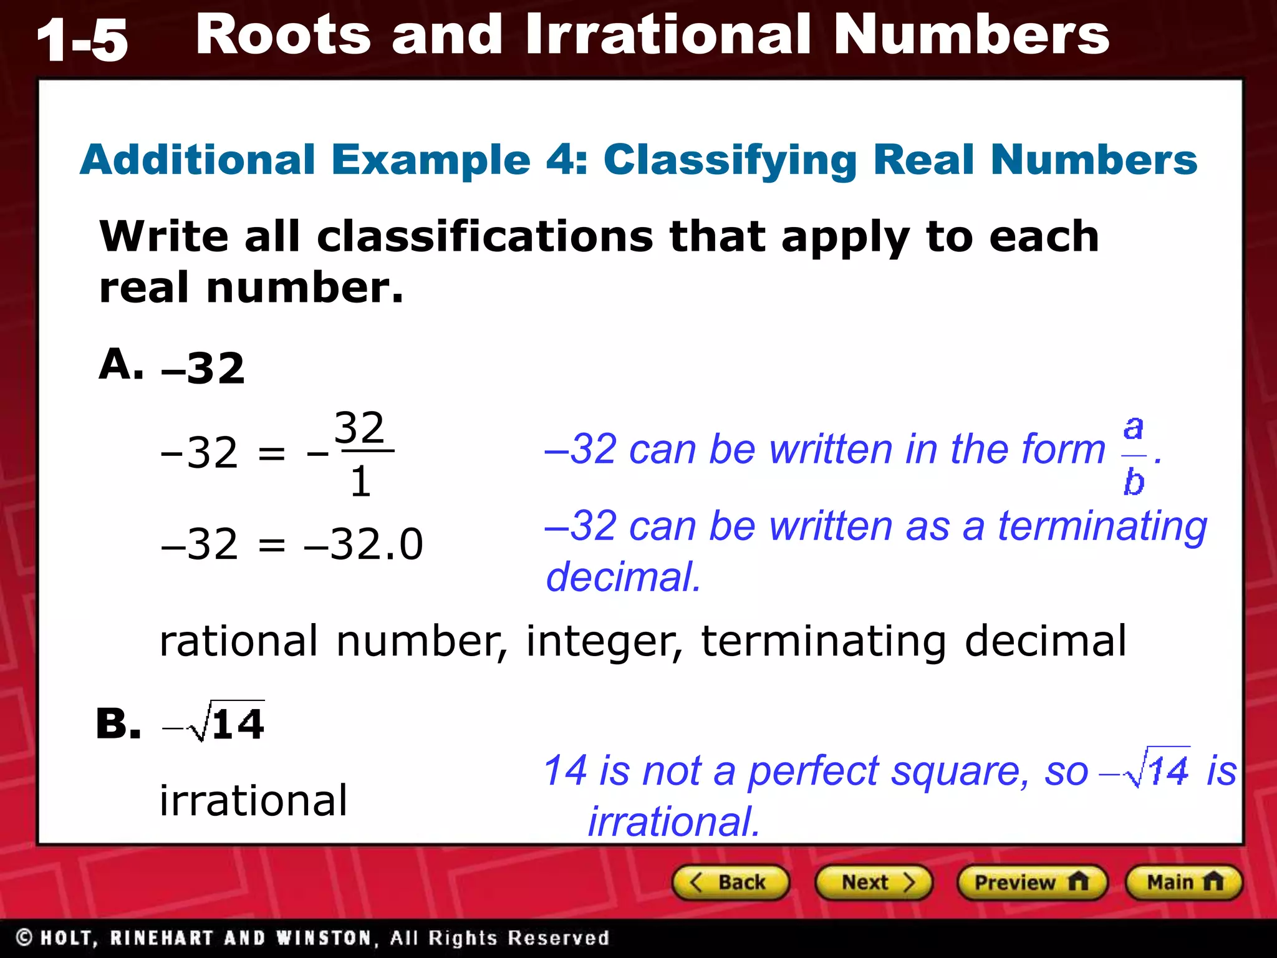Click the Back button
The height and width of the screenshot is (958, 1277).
[x=730, y=883]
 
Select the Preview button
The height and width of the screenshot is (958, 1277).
[x=1031, y=883]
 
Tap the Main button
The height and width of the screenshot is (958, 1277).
[x=1183, y=883]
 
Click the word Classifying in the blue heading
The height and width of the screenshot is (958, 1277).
[x=730, y=160]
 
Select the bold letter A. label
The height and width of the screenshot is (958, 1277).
[x=121, y=364]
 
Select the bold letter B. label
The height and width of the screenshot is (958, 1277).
[x=118, y=724]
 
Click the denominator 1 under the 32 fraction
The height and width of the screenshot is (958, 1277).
[x=361, y=482]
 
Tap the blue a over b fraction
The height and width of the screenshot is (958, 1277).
[x=1134, y=456]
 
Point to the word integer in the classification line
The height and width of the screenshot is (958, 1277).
[x=604, y=642]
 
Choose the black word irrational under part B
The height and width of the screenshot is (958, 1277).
[x=253, y=800]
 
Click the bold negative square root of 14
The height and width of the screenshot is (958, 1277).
[x=215, y=723]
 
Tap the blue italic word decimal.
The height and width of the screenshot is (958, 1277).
[x=623, y=577]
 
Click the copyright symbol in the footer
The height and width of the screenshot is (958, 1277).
[x=24, y=937]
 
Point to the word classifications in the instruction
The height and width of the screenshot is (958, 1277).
[x=485, y=237]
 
